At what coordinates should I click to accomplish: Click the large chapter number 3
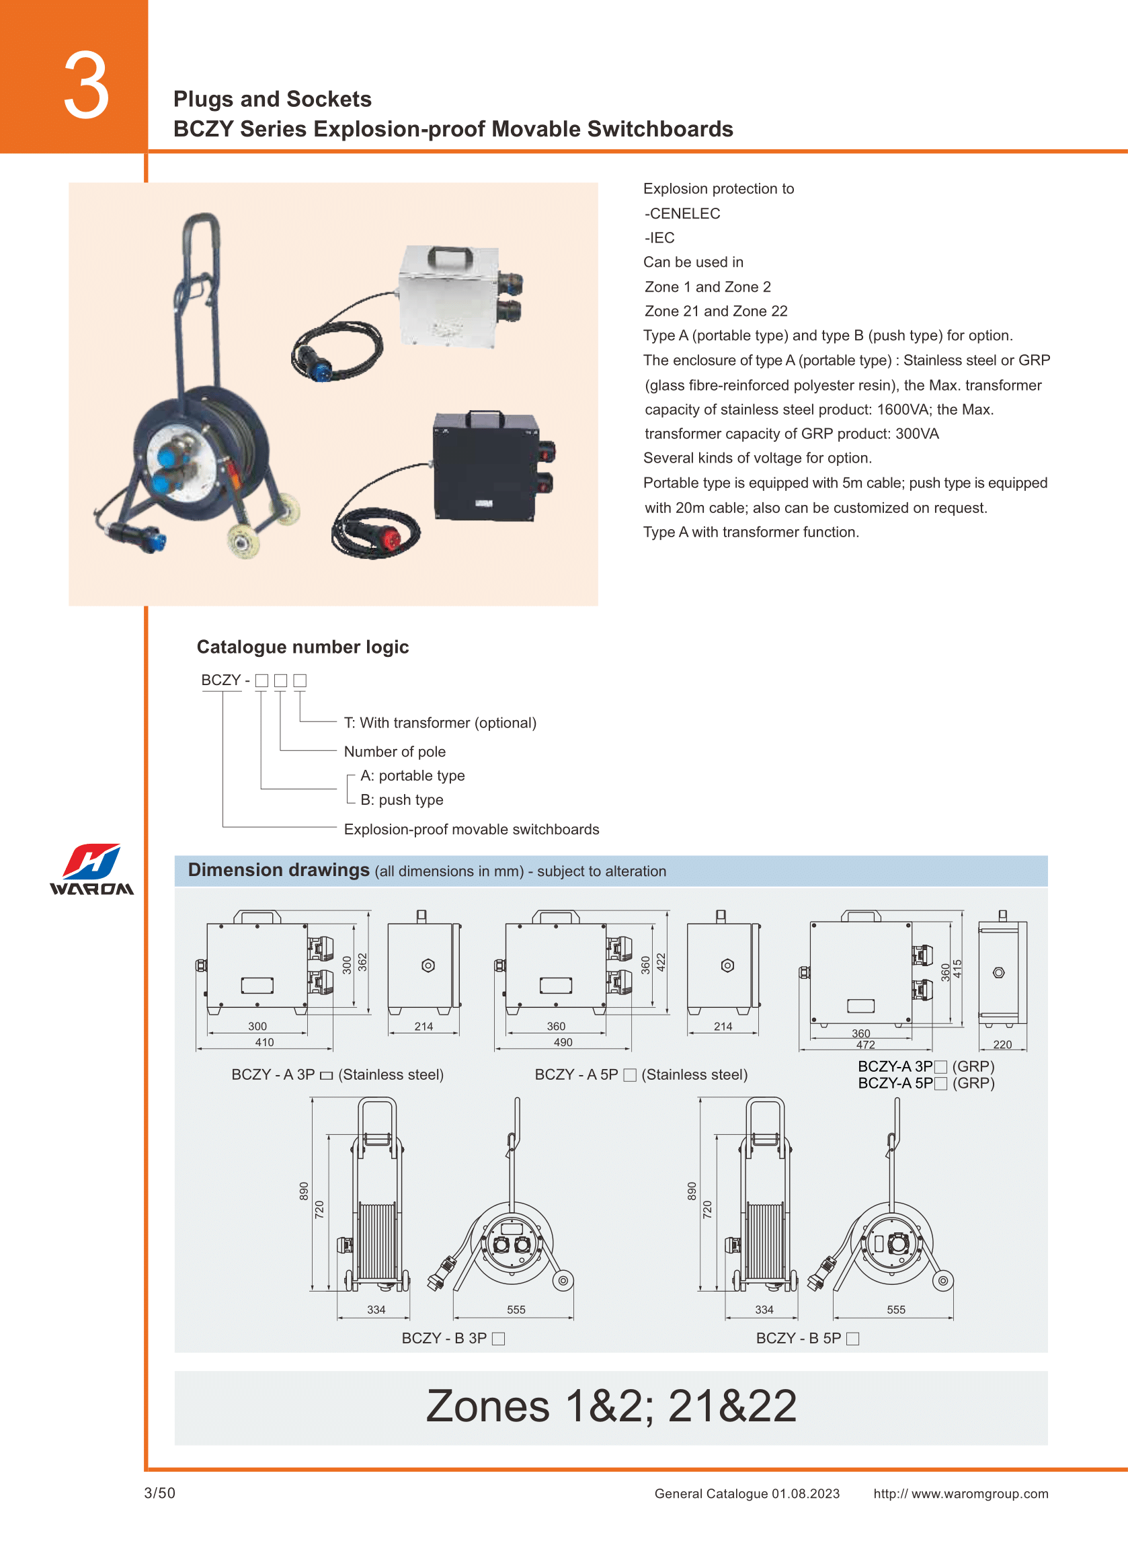tap(87, 86)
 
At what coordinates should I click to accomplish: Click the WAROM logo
tap(91, 869)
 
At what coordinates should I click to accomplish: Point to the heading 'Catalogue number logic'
tap(303, 647)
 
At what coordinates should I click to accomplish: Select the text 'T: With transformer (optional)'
tap(440, 722)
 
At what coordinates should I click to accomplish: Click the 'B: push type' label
tap(401, 799)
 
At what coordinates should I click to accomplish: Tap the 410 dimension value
tap(264, 1042)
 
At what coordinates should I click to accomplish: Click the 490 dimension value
tap(563, 1042)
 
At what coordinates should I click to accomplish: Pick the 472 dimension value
tap(865, 1045)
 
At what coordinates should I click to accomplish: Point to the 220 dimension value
tap(1002, 1045)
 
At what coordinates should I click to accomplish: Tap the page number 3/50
tap(160, 1493)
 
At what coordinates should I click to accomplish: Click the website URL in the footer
tap(961, 1493)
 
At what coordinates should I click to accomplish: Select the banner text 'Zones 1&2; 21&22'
tap(611, 1406)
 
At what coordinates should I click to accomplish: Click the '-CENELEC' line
tap(682, 214)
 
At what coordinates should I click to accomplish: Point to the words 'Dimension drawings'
tap(278, 870)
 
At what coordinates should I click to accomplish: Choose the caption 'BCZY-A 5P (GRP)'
tap(926, 1083)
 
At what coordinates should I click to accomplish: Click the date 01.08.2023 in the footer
tap(806, 1493)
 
